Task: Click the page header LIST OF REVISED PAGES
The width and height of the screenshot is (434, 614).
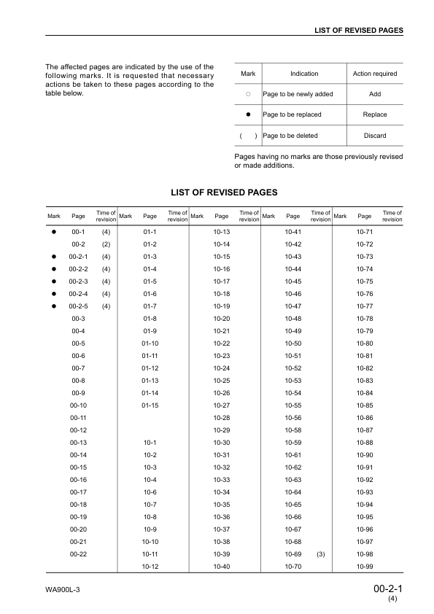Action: [x=358, y=30]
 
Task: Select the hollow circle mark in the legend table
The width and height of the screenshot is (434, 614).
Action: [x=248, y=94]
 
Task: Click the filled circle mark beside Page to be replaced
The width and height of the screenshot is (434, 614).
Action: [x=248, y=114]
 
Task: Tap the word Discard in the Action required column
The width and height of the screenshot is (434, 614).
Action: [x=374, y=136]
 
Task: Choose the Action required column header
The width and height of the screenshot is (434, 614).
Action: [x=374, y=74]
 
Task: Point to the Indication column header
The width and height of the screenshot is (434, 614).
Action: [x=304, y=74]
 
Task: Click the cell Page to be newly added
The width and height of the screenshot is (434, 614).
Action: [x=298, y=94]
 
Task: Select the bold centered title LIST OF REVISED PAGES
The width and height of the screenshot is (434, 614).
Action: [x=224, y=193]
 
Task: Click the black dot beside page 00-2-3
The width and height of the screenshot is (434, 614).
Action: [x=54, y=281]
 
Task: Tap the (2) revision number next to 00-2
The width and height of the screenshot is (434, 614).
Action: [x=106, y=244]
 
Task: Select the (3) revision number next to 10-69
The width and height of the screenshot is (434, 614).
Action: [x=320, y=554]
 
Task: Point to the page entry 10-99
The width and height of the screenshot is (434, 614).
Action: [x=365, y=567]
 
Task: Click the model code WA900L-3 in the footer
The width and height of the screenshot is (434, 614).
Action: [x=62, y=589]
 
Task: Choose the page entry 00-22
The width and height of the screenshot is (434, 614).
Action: [x=78, y=554]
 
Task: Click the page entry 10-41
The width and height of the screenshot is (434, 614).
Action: [x=293, y=232]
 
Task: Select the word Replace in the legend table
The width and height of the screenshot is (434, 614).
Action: [x=374, y=114]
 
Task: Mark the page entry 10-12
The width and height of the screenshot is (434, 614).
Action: [x=150, y=567]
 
